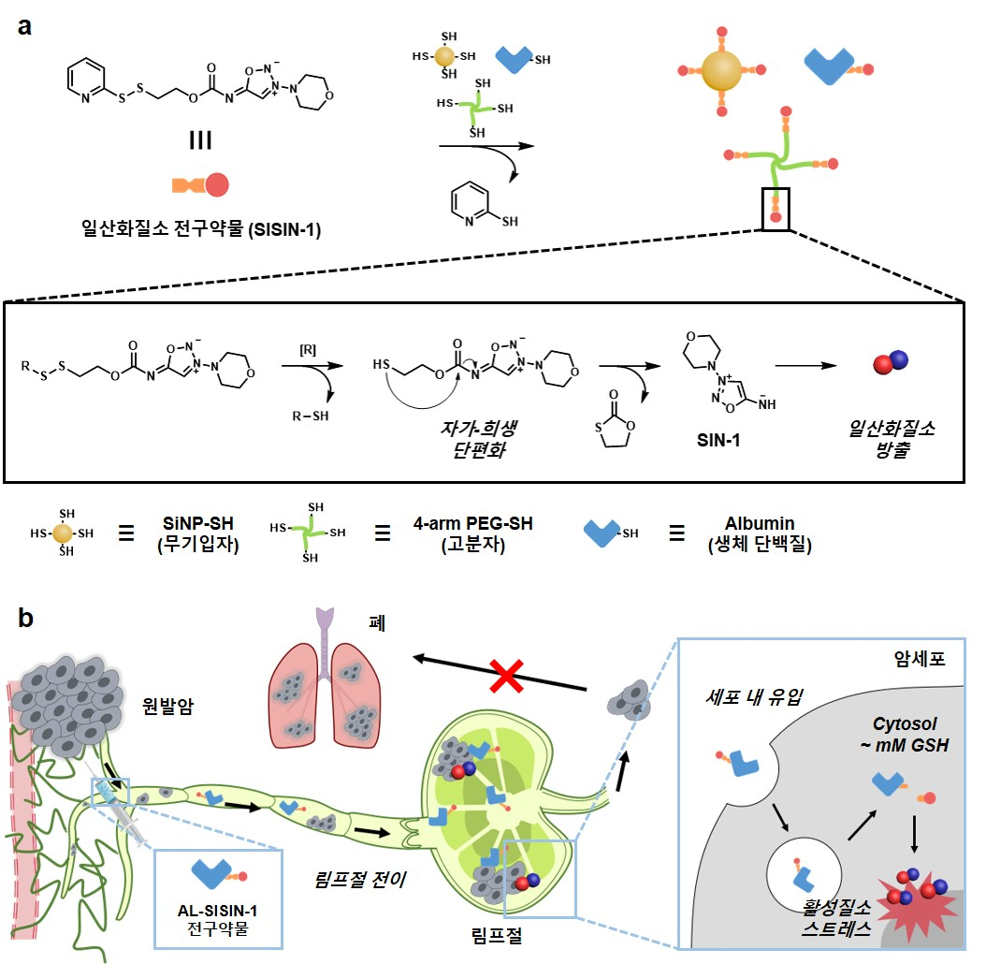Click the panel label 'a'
tap(24, 27)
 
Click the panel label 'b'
tap(25, 618)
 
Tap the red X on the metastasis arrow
tap(506, 676)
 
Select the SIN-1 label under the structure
tap(718, 440)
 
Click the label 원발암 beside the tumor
tap(167, 706)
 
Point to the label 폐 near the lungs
tap(377, 623)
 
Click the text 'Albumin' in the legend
tap(760, 523)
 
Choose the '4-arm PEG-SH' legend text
tap(472, 523)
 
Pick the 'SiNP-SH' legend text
tap(198, 523)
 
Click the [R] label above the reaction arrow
tap(308, 350)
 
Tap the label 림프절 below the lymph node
tap(497, 936)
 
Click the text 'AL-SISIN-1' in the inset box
tap(217, 911)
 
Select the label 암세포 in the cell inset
tap(920, 658)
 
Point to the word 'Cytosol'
tap(905, 723)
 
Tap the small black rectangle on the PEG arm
tap(776, 209)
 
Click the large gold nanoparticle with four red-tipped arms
tap(722, 70)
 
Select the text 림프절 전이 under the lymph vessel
tap(359, 879)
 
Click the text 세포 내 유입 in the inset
tap(754, 696)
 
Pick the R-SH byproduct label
tap(311, 416)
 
